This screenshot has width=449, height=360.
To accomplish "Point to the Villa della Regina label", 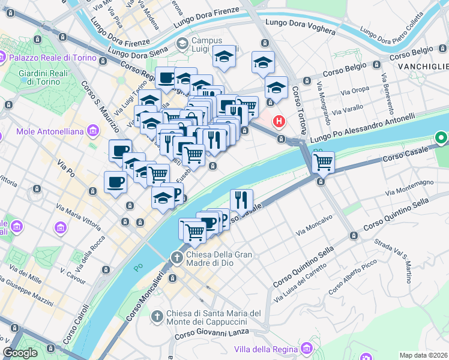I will pyautogui.click(x=267, y=349).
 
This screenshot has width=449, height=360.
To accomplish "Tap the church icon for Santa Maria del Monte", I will pyautogui.click(x=157, y=316).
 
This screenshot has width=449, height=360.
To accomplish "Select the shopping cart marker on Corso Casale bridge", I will pyautogui.click(x=323, y=161).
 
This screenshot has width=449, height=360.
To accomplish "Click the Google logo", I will pyautogui.click(x=20, y=353).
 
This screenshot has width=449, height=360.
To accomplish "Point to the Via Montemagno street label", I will pyautogui.click(x=410, y=187).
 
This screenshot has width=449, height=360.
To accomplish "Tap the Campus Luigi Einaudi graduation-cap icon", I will pyautogui.click(x=182, y=44).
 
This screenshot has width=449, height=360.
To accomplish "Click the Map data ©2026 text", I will pyautogui.click(x=424, y=355).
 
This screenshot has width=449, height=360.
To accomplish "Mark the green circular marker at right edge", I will pyautogui.click(x=442, y=139).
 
